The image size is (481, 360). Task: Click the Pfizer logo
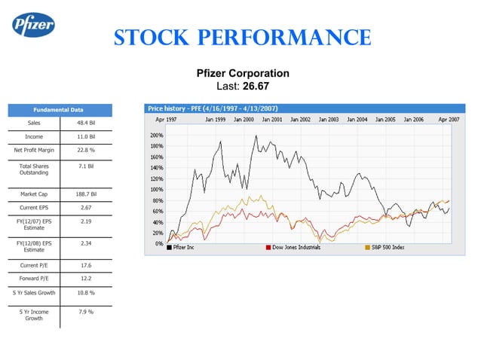click(x=32, y=26)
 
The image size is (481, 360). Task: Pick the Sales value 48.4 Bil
click(x=85, y=123)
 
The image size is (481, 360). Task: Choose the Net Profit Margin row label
click(x=34, y=151)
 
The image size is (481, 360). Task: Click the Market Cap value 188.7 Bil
click(x=85, y=194)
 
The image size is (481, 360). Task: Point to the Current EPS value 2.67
click(x=85, y=207)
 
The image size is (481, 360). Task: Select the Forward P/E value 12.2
click(x=85, y=278)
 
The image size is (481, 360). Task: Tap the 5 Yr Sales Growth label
click(x=34, y=292)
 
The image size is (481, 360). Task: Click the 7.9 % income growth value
click(x=85, y=311)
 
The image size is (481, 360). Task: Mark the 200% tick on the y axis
click(x=157, y=135)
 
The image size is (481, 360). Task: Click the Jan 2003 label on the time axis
click(x=328, y=119)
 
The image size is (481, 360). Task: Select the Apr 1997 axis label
click(x=167, y=119)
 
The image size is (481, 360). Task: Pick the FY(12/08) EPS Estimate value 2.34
click(x=85, y=243)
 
